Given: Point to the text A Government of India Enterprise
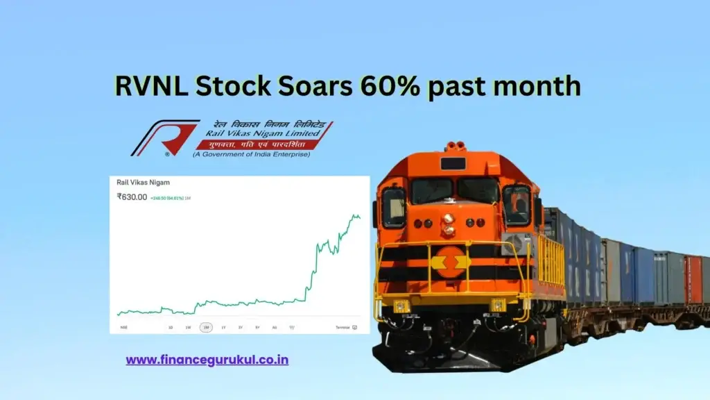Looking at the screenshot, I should [251, 153].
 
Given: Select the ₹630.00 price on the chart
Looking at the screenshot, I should [132, 197].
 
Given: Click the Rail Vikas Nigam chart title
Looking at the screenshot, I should [144, 183].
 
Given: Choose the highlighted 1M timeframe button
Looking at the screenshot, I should [206, 327].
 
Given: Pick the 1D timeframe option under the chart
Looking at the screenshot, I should [171, 327].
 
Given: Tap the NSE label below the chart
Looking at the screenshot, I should [123, 327].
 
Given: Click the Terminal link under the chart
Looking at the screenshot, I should [343, 327].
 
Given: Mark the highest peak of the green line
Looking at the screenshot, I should [354, 215].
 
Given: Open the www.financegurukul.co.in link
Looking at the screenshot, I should [207, 360].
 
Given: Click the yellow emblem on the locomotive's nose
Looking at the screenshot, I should [451, 262].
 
